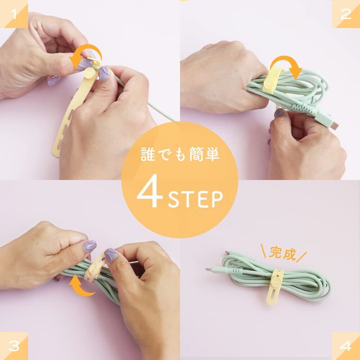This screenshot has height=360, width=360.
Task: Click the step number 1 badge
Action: tap(14, 14)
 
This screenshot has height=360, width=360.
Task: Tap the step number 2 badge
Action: tap(346, 14)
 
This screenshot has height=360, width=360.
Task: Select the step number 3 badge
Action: tap(14, 346)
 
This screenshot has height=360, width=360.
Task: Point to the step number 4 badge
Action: tap(346, 346)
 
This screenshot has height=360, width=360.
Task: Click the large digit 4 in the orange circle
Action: tap(150, 191)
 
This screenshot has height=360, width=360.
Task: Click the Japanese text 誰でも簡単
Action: tap(180, 154)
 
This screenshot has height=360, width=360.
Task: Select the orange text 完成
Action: tap(283, 253)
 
